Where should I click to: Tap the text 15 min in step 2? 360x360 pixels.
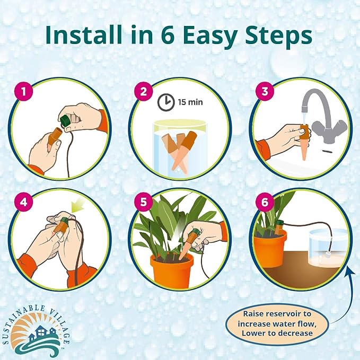(186, 100)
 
